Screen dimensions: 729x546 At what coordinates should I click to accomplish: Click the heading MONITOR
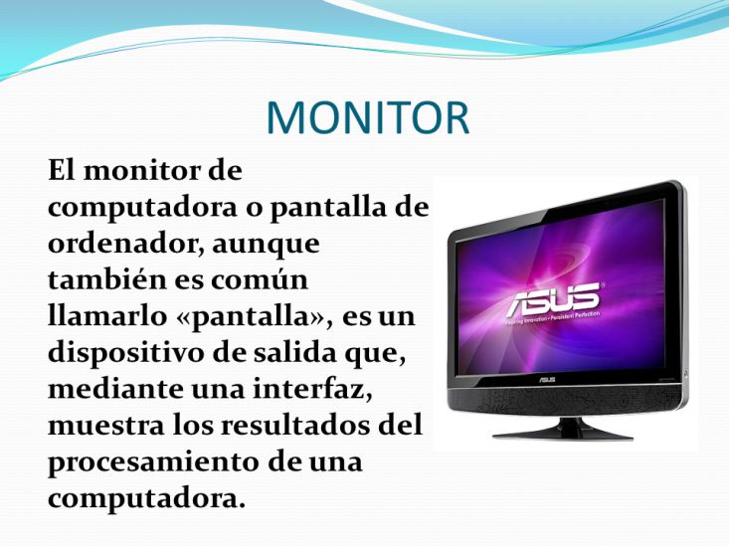(x=368, y=117)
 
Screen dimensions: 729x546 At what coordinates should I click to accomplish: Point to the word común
(x=259, y=280)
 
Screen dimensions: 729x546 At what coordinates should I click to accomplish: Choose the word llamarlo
(x=107, y=316)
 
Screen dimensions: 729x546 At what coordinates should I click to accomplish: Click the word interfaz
(x=313, y=389)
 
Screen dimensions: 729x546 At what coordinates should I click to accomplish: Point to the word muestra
(x=105, y=426)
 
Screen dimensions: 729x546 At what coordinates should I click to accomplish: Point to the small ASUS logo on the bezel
(x=547, y=380)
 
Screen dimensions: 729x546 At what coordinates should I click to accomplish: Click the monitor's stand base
(x=563, y=433)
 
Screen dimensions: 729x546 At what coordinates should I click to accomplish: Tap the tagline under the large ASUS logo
(x=554, y=317)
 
